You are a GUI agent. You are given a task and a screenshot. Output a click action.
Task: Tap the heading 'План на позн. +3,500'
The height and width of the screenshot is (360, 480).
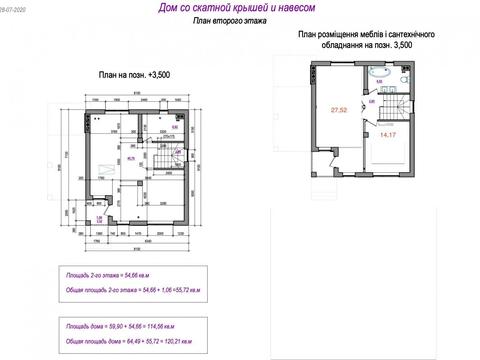pos(133,73)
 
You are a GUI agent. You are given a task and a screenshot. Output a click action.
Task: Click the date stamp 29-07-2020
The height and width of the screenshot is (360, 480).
pos(15,5)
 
